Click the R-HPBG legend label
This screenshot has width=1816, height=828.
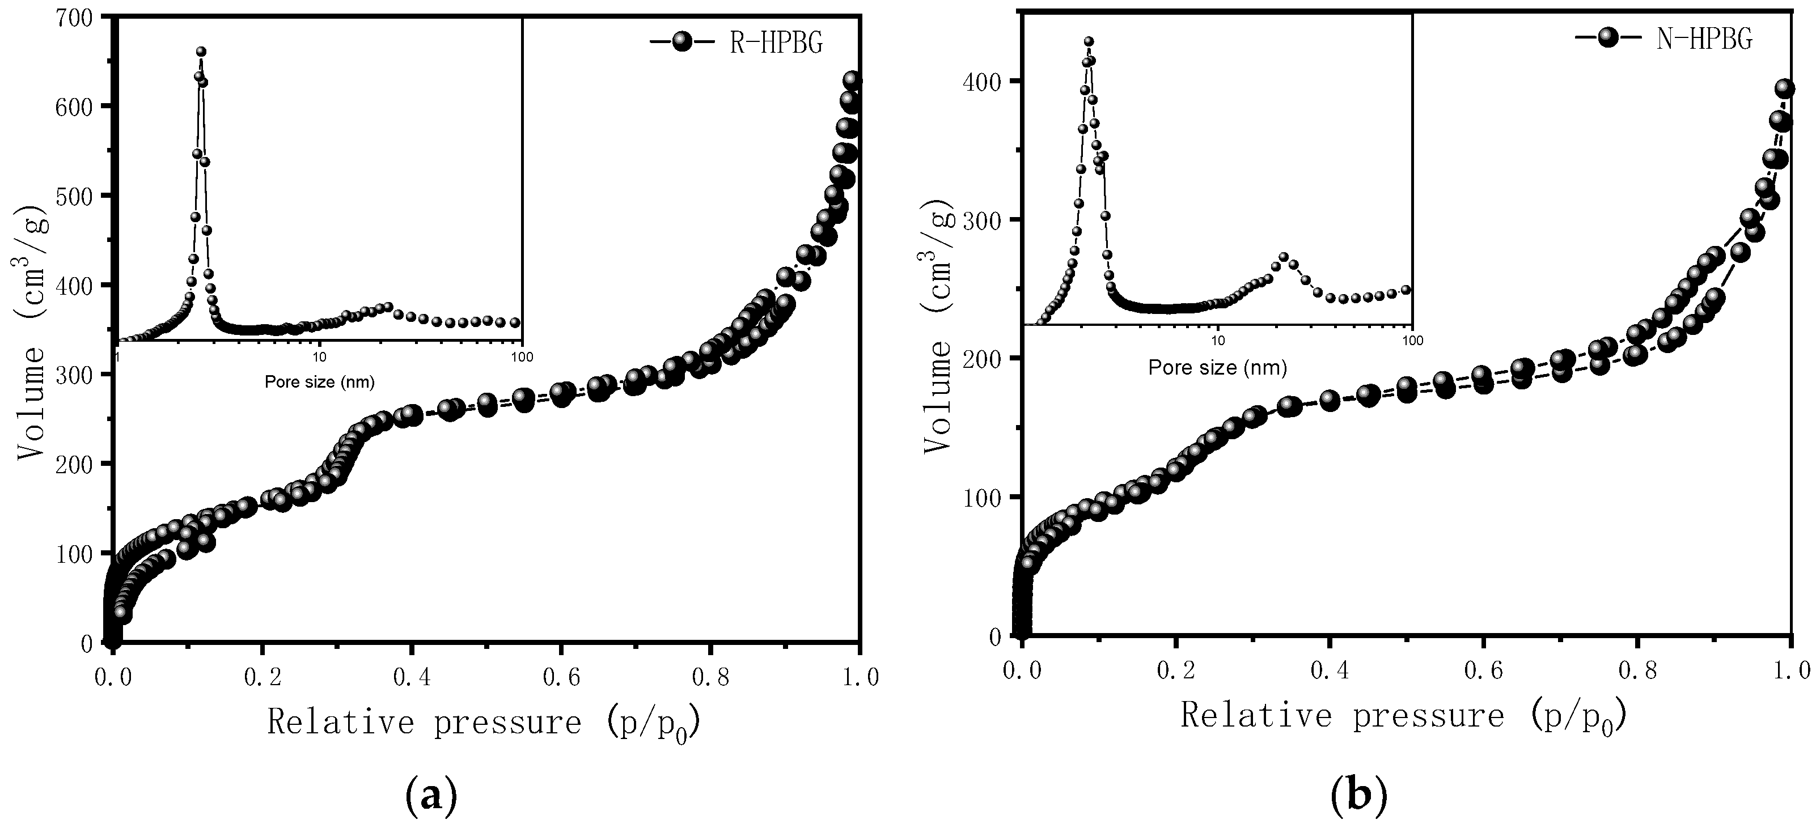pyautogui.click(x=776, y=43)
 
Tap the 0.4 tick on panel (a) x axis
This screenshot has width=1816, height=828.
pyautogui.click(x=412, y=678)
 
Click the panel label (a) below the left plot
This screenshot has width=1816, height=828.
pyautogui.click(x=432, y=796)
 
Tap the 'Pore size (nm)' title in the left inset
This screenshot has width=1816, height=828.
pyautogui.click(x=319, y=383)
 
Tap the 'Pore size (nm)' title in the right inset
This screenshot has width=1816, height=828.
pyautogui.click(x=1217, y=367)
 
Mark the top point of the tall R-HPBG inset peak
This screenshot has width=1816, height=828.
pyautogui.click(x=201, y=52)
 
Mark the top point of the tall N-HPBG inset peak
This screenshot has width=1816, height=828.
pyautogui.click(x=1089, y=41)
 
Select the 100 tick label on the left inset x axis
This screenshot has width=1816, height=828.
pyautogui.click(x=522, y=357)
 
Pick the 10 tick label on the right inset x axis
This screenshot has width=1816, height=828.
pyautogui.click(x=1217, y=341)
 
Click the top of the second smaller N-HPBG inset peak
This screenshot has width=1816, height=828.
pyautogui.click(x=1284, y=257)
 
